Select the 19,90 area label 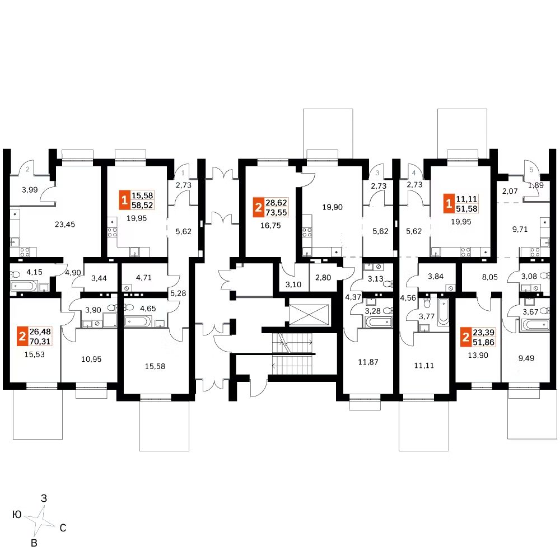(332, 207)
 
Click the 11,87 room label (368, 361)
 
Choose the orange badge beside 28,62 (258, 208)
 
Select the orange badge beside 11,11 (448, 203)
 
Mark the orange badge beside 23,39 (465, 337)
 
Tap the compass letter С (63, 528)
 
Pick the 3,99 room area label (29, 190)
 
